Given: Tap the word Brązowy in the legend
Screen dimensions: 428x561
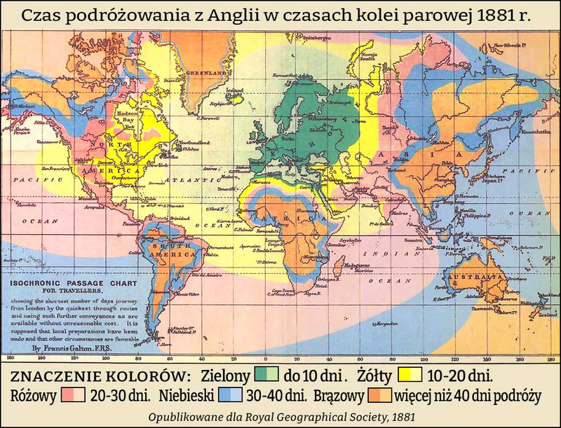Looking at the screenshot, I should [x=339, y=395].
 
